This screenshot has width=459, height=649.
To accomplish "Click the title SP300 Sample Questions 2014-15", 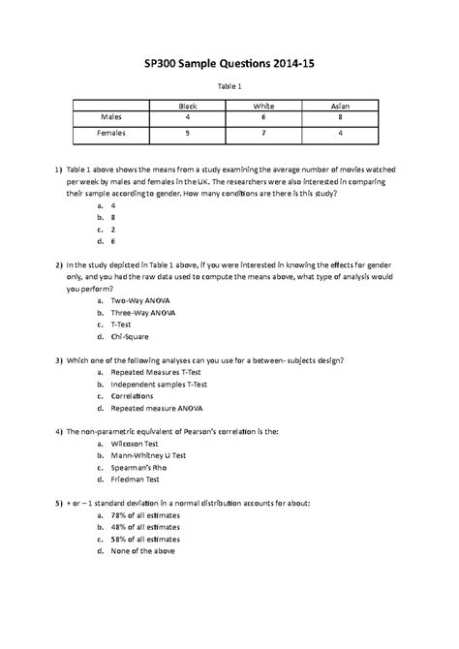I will click(x=229, y=63).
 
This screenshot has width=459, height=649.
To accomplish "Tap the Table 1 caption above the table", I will click(x=229, y=87).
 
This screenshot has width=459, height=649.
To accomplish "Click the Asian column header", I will click(x=340, y=105).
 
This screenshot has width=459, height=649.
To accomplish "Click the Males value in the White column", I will click(x=262, y=117).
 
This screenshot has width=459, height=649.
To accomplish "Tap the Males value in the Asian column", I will click(x=340, y=117).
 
